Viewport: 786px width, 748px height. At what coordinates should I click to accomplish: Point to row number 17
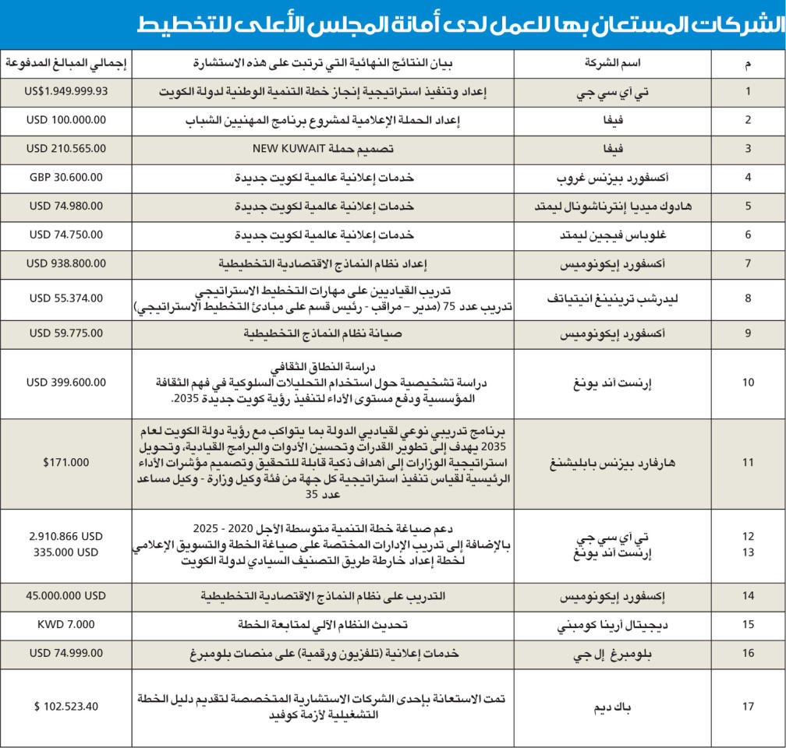(x=748, y=707)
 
